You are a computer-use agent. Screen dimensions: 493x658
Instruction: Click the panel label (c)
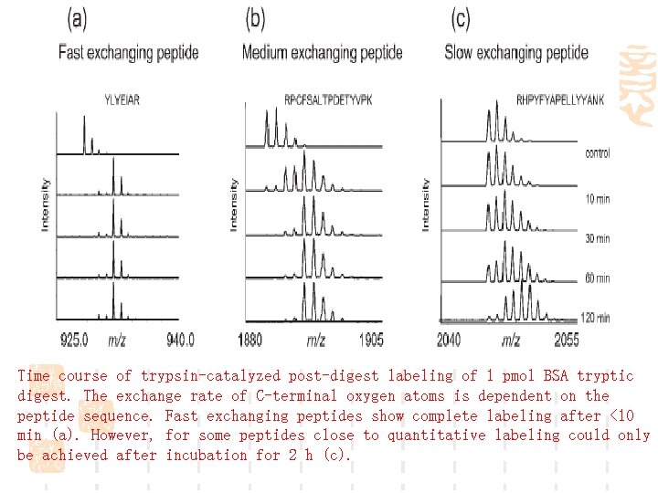click(x=462, y=18)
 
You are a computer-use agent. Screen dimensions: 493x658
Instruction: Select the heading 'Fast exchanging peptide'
click(x=128, y=52)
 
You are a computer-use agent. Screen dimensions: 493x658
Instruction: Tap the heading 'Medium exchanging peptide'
click(x=322, y=52)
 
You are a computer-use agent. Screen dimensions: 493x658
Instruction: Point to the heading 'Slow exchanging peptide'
click(x=516, y=52)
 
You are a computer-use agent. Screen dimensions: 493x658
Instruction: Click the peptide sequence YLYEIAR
click(x=122, y=100)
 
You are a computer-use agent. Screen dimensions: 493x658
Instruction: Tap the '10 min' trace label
click(x=597, y=197)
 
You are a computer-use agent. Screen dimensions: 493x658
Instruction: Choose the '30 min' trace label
click(x=597, y=238)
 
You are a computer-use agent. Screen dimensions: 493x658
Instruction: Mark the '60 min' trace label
click(x=597, y=278)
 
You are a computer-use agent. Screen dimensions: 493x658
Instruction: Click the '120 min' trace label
click(x=595, y=318)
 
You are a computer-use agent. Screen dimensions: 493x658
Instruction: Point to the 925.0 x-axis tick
click(x=75, y=340)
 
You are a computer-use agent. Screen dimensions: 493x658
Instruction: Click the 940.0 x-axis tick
click(x=180, y=340)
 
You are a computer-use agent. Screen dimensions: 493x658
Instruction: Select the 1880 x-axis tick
click(x=249, y=340)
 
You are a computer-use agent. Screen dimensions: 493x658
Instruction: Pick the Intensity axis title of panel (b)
click(x=234, y=203)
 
